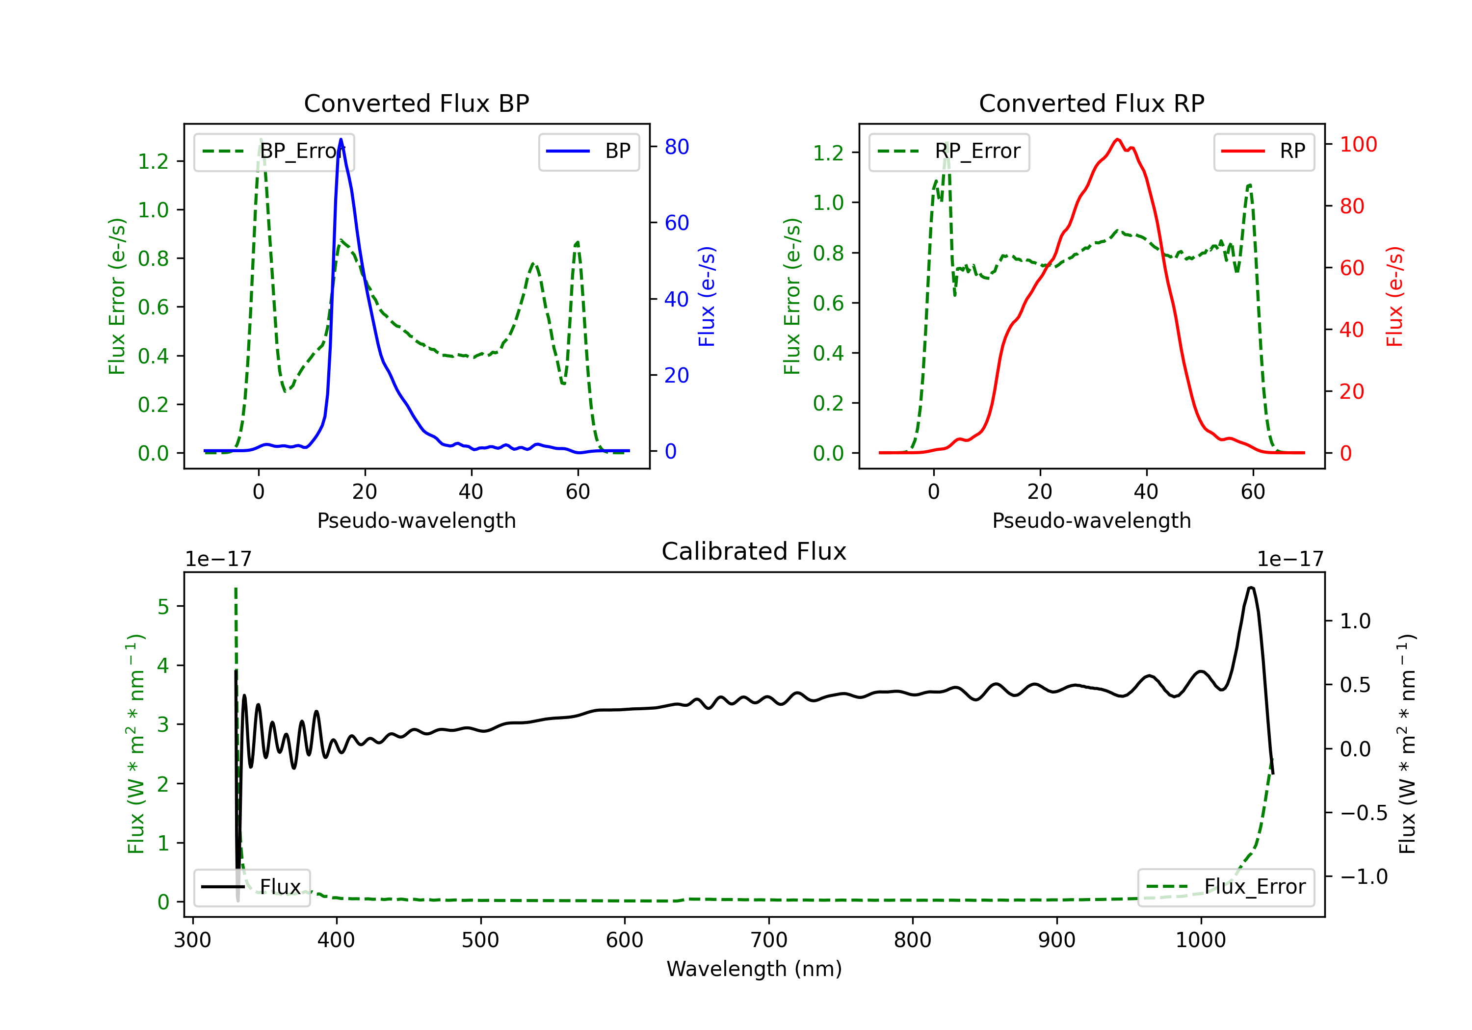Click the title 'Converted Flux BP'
tap(417, 103)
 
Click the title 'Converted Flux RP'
tap(1092, 103)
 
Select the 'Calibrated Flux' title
tap(754, 551)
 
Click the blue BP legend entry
tap(588, 151)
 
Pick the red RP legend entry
tap(1263, 151)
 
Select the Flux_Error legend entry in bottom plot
tap(1226, 887)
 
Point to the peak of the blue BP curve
tap(341, 139)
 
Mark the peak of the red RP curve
tap(1117, 139)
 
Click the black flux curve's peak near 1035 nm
tap(1251, 588)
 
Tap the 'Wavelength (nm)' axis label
tap(754, 969)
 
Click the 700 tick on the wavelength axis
tap(769, 940)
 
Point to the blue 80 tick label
tap(676, 147)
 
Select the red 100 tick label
tap(1358, 144)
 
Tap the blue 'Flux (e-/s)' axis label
tap(707, 297)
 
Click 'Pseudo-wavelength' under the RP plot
tap(1092, 520)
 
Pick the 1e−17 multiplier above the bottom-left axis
tap(219, 559)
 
